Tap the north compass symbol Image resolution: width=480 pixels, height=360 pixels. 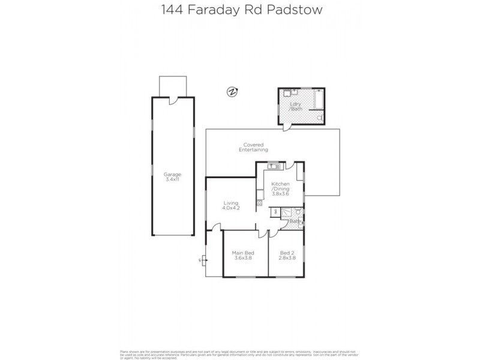[232, 92]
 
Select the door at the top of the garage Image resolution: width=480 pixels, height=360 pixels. [173, 101]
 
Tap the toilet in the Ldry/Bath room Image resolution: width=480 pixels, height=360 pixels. [321, 116]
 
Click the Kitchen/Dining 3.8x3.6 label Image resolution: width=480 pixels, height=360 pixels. [281, 188]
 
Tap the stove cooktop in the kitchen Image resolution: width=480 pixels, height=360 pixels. [260, 193]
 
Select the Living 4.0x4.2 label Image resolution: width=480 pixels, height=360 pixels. [230, 205]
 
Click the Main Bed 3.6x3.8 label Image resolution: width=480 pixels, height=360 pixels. [243, 256]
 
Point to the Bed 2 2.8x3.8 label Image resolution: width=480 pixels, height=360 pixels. [288, 256]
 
